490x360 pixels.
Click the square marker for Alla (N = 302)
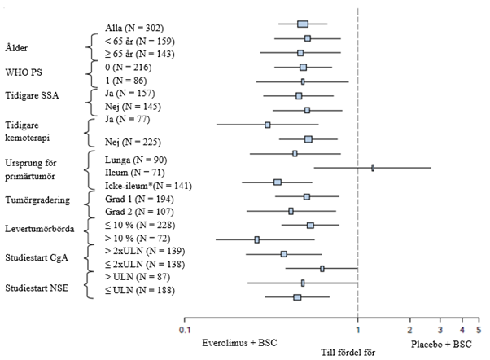tap(303, 24)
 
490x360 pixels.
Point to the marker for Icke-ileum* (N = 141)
tap(278, 182)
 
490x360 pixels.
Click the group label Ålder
tap(17, 47)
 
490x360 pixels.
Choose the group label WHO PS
tap(23, 73)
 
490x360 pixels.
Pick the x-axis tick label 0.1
tap(186, 330)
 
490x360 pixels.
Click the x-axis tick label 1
tap(357, 330)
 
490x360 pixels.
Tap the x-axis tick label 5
tap(478, 330)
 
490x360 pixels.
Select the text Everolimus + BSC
tap(238, 343)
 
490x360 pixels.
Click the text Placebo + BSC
tap(441, 343)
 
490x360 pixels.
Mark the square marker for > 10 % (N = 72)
tap(257, 239)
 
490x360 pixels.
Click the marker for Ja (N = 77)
tap(267, 125)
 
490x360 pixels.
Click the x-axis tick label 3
tap(440, 330)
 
